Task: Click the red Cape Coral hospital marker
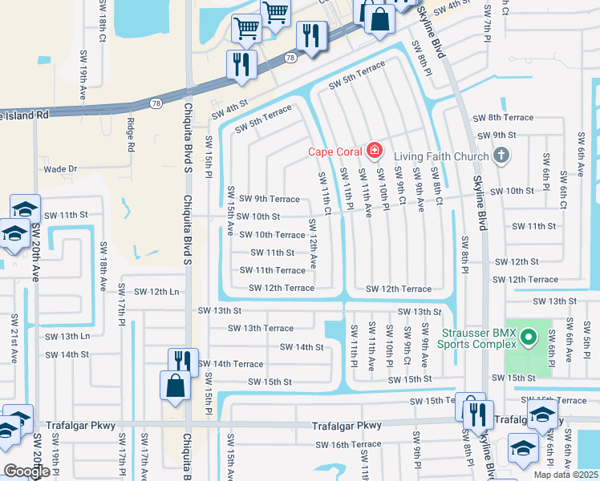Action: click(374, 150)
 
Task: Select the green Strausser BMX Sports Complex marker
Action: click(528, 339)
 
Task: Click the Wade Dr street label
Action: click(60, 169)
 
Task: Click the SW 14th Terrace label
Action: click(231, 364)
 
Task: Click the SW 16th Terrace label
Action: click(348, 444)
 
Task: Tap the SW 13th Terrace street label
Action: click(261, 328)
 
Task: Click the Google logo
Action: click(26, 471)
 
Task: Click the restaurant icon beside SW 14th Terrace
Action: click(183, 362)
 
